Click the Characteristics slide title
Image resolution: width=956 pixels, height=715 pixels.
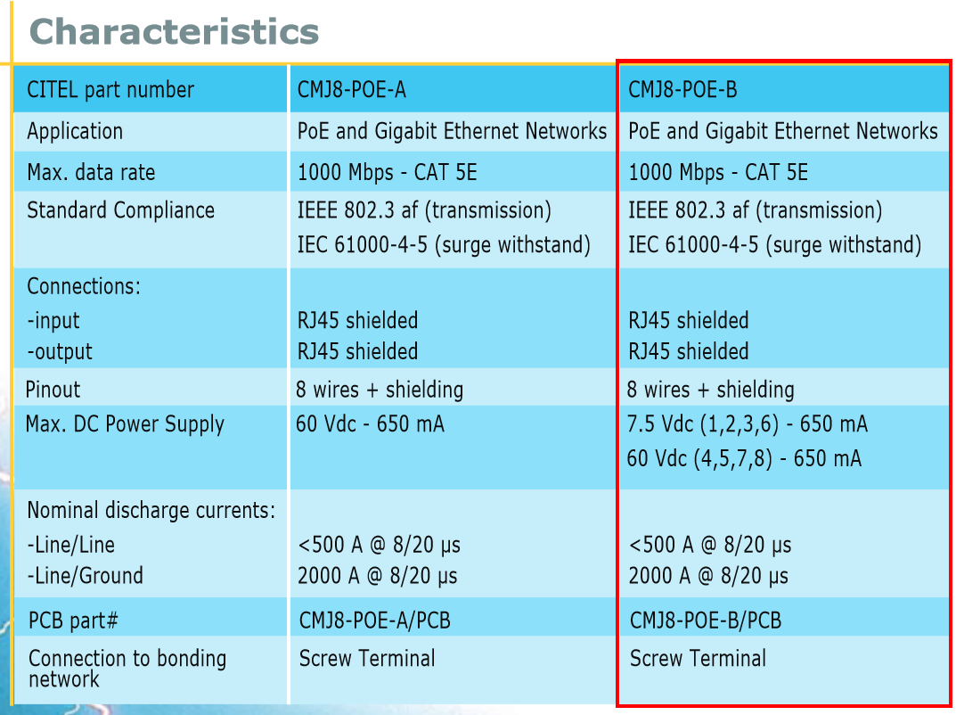click(174, 32)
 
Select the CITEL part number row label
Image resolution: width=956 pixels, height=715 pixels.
click(110, 90)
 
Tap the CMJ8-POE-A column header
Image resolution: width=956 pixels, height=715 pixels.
click(352, 90)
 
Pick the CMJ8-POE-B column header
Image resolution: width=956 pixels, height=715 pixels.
click(682, 90)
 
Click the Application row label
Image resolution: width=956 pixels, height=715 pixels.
click(75, 131)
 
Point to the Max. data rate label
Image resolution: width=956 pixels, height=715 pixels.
click(91, 172)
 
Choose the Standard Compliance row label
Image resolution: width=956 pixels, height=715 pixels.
click(120, 210)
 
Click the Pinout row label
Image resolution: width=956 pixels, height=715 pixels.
click(53, 390)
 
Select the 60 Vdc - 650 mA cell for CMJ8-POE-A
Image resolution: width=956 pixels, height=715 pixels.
click(370, 424)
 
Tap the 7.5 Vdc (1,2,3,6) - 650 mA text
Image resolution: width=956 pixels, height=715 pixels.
click(748, 424)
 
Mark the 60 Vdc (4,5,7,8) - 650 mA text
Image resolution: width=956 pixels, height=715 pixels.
click(744, 458)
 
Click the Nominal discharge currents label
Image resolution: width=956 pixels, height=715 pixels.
click(151, 511)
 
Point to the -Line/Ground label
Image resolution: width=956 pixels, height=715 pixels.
click(85, 576)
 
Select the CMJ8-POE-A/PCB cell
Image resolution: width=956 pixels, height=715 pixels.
click(374, 620)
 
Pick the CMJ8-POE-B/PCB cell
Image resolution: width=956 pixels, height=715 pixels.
click(705, 620)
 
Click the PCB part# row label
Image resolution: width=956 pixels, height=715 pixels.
click(73, 620)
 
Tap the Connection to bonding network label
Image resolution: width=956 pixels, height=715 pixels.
click(127, 668)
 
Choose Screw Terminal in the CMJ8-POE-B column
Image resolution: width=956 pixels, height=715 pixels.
click(698, 659)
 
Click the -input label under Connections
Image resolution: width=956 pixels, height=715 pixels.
click(53, 321)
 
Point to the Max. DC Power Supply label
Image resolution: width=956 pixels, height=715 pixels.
click(125, 424)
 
